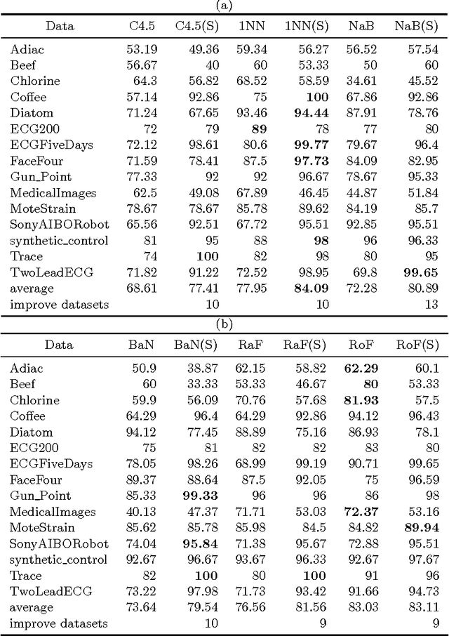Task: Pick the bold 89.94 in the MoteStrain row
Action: pyautogui.click(x=422, y=527)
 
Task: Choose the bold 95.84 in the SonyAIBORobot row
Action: pyautogui.click(x=203, y=543)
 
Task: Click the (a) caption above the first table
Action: pyautogui.click(x=224, y=6)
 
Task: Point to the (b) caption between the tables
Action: pyautogui.click(x=224, y=324)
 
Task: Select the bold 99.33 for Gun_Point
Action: pyautogui.click(x=203, y=496)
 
